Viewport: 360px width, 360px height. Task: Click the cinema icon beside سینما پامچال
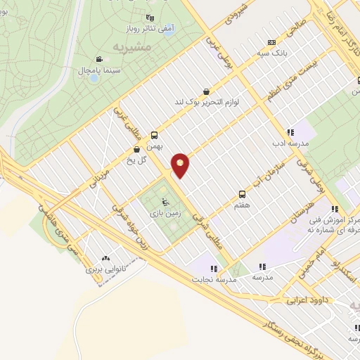tap(100, 58)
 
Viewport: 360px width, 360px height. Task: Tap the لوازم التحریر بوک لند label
tap(207, 102)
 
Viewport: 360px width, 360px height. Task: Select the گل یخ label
tap(136, 160)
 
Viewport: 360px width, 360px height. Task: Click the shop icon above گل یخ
tap(137, 150)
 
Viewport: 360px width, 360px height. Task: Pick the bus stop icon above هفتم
tap(243, 193)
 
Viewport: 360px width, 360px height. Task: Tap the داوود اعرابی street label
tap(307, 300)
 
